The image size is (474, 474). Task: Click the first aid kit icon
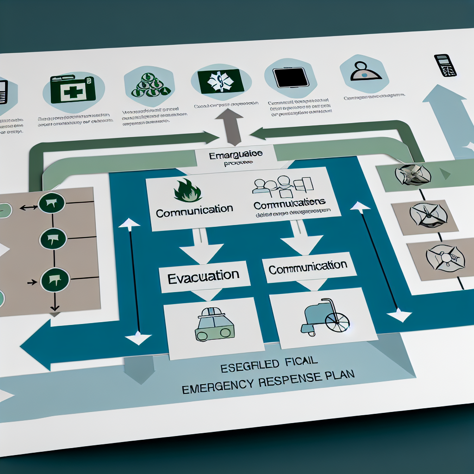pos(72,90)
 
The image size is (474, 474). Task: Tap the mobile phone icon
pos(445,65)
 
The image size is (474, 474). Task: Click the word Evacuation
pos(203,276)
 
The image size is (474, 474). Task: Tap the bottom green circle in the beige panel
pos(55,280)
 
